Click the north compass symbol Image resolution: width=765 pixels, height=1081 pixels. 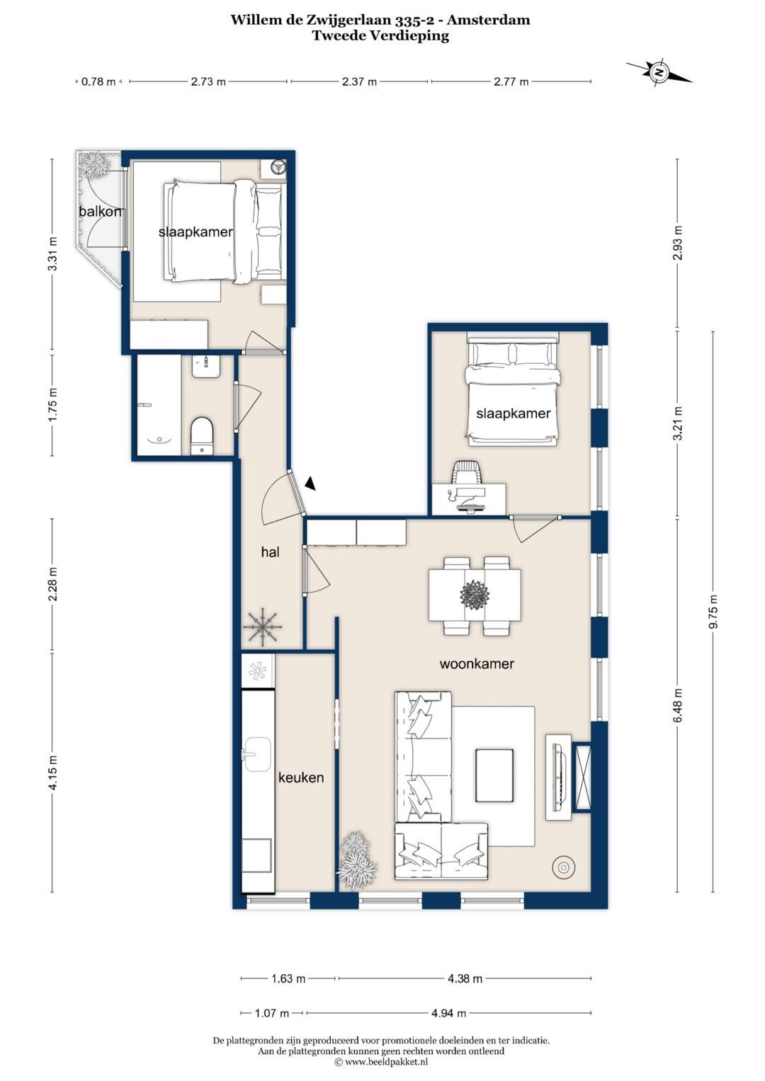click(659, 72)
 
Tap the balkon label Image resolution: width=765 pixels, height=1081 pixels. click(100, 212)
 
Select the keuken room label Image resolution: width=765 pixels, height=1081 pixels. click(301, 777)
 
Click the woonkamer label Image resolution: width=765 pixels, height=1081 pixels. click(477, 663)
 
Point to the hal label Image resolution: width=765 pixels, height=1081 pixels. click(270, 552)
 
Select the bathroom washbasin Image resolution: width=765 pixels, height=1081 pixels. click(207, 367)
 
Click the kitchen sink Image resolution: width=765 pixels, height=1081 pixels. click(257, 754)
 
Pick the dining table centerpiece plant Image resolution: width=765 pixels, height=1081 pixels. click(475, 594)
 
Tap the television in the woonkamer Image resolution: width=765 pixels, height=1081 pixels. click(559, 777)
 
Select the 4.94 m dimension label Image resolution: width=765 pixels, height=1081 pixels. click(448, 1013)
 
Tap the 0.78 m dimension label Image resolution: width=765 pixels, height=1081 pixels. click(98, 81)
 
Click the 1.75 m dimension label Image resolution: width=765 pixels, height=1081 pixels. click(52, 404)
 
